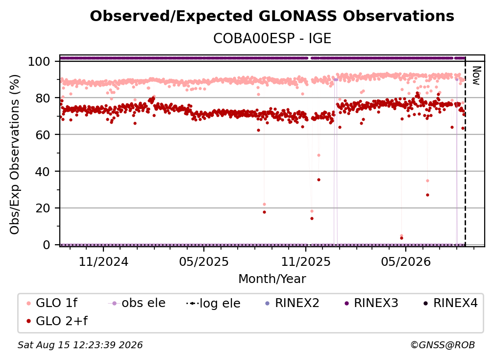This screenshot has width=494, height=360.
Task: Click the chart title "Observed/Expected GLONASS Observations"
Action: click(x=272, y=16)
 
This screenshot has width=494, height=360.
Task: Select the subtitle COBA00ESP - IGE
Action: click(x=272, y=38)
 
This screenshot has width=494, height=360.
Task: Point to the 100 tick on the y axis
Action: click(x=39, y=61)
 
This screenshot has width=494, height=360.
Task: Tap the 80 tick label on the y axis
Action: click(x=43, y=98)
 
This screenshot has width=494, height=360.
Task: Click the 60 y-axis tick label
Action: click(x=43, y=134)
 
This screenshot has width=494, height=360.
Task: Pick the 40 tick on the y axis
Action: click(x=43, y=172)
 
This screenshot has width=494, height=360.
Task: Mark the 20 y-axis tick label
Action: click(x=43, y=208)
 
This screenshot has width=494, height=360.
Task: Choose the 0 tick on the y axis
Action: click(x=46, y=245)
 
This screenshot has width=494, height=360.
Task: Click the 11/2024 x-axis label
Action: click(x=103, y=261)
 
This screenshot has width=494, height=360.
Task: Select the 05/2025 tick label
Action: click(x=204, y=261)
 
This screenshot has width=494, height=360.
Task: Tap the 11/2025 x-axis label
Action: click(x=306, y=261)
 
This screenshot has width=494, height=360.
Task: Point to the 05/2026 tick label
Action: click(x=406, y=261)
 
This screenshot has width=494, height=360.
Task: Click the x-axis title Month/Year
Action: click(x=272, y=279)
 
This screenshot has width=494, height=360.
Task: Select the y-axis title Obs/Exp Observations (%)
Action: click(x=15, y=154)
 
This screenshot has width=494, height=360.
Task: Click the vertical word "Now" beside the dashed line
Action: click(x=476, y=76)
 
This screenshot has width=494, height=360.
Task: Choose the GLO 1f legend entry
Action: click(x=52, y=303)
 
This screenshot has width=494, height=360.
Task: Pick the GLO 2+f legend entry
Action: click(x=57, y=321)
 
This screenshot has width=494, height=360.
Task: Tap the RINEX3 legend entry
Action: click(x=372, y=303)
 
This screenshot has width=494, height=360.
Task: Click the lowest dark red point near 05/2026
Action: click(x=401, y=238)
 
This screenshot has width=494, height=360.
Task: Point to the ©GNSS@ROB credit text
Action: click(x=443, y=345)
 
